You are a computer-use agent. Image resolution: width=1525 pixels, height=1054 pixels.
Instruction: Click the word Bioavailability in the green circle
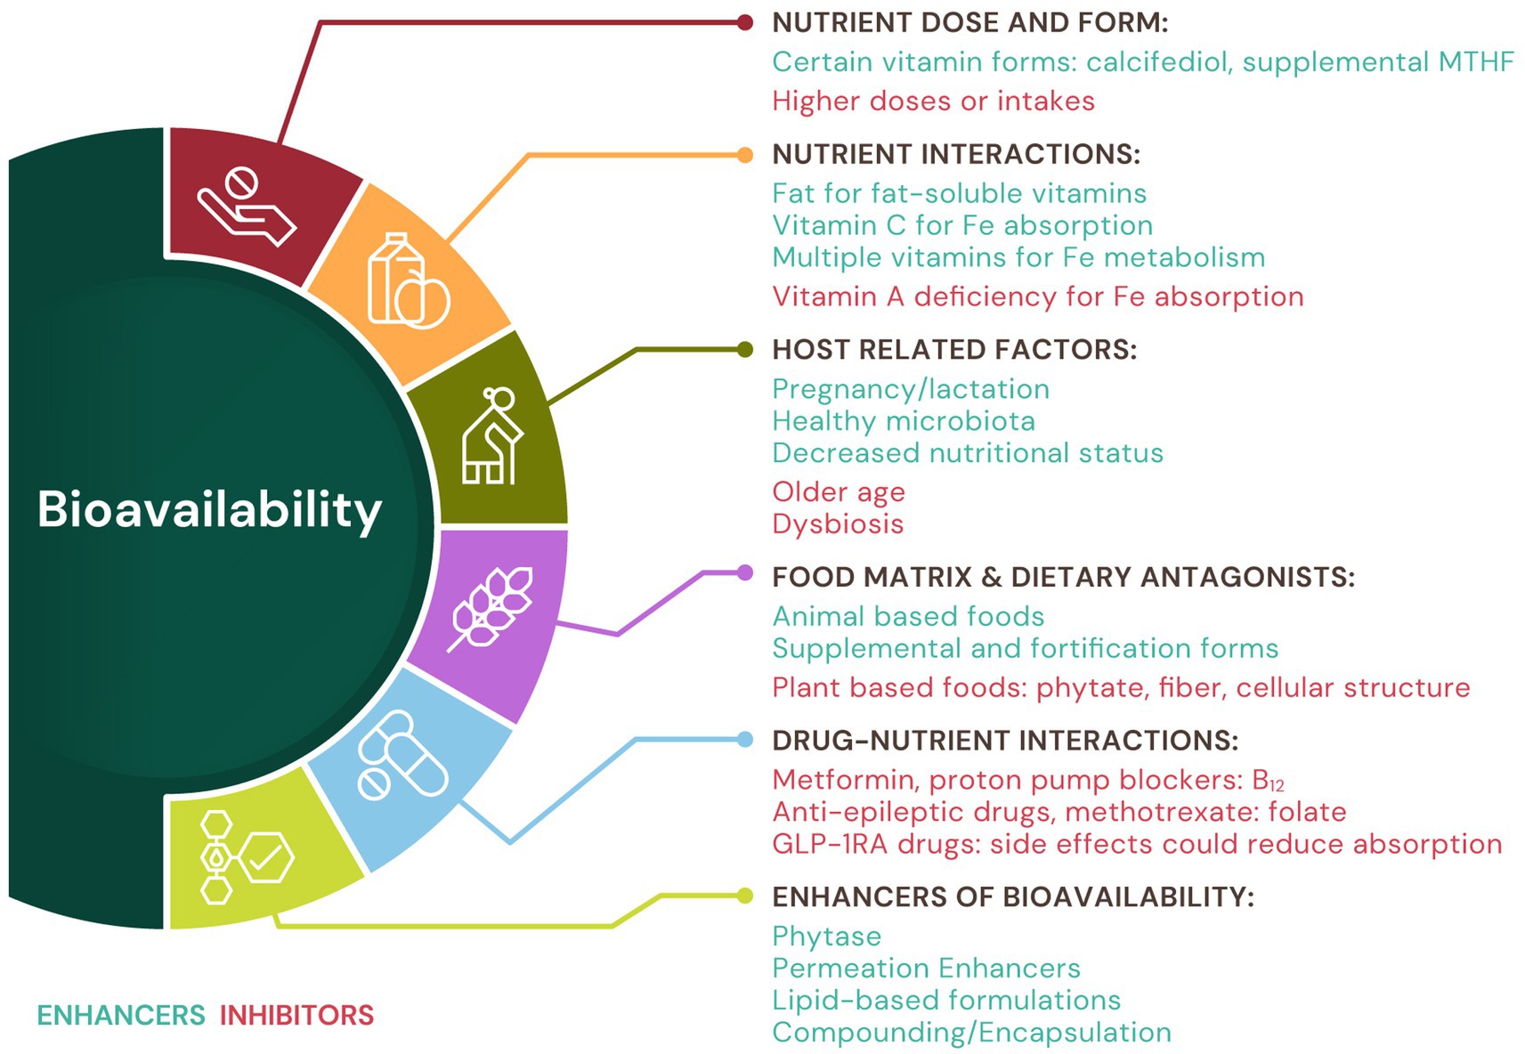(209, 510)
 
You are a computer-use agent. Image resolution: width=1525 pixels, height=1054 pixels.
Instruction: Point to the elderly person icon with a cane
(491, 436)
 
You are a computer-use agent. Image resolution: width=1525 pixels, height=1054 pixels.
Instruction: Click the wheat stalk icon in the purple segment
(492, 608)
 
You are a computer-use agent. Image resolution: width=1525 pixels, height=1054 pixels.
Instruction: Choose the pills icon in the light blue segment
(402, 755)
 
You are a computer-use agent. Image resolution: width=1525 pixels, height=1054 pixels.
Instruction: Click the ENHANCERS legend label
(121, 1015)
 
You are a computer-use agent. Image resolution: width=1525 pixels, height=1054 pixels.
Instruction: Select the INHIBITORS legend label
(296, 1015)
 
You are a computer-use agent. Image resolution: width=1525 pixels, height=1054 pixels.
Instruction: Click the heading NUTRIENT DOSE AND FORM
(969, 23)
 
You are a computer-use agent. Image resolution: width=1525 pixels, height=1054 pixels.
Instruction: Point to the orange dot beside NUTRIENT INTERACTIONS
(745, 155)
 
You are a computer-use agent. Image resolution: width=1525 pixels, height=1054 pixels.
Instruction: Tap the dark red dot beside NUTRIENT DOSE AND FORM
(745, 23)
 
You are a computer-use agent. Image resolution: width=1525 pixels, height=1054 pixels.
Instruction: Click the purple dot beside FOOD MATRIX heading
(745, 572)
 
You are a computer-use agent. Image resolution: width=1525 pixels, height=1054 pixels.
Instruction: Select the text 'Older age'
(838, 492)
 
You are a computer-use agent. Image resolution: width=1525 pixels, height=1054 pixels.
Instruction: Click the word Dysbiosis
(838, 524)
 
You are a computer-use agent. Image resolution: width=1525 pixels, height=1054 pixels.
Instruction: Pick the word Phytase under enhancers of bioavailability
(826, 936)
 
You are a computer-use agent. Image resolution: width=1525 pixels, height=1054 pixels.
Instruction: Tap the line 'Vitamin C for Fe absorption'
(962, 225)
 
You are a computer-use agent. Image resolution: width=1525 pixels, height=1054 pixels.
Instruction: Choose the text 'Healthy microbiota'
(904, 421)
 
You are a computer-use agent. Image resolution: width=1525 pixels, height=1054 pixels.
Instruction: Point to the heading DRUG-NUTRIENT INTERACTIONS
(1005, 741)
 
